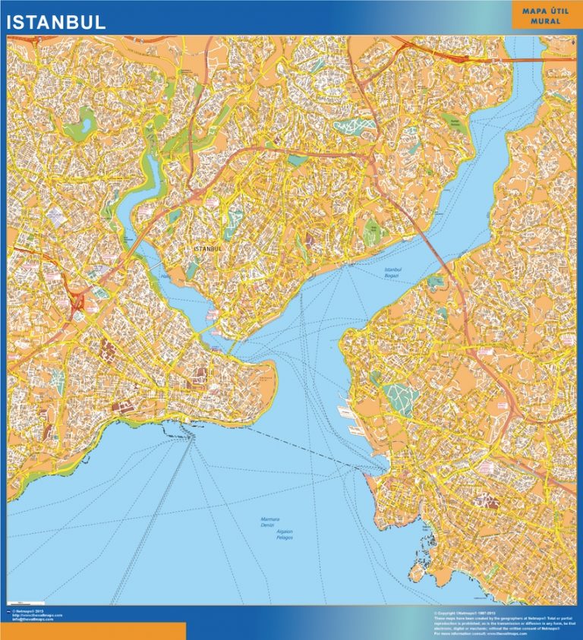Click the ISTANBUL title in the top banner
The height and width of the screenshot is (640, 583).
click(x=56, y=23)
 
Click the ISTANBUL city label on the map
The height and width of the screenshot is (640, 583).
click(x=208, y=248)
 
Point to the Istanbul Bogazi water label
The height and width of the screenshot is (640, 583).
click(x=392, y=273)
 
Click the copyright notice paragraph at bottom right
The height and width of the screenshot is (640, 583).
click(x=501, y=621)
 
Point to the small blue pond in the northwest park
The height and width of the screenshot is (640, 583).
click(x=82, y=120)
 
